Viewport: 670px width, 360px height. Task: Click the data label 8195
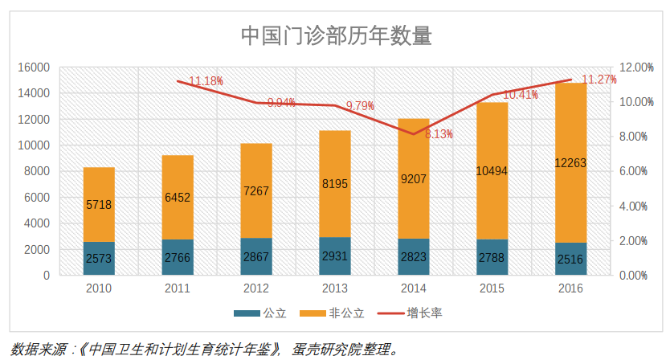click(x=335, y=184)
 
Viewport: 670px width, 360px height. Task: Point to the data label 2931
click(x=335, y=257)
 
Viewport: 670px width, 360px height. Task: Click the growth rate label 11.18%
click(x=206, y=81)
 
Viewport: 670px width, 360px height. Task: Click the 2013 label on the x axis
click(x=335, y=288)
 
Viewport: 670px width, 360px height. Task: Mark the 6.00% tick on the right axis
click(x=632, y=171)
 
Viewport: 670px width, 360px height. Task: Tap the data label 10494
click(x=492, y=172)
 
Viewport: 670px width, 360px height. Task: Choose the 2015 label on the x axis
click(x=492, y=288)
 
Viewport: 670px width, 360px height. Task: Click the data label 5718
click(x=99, y=204)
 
